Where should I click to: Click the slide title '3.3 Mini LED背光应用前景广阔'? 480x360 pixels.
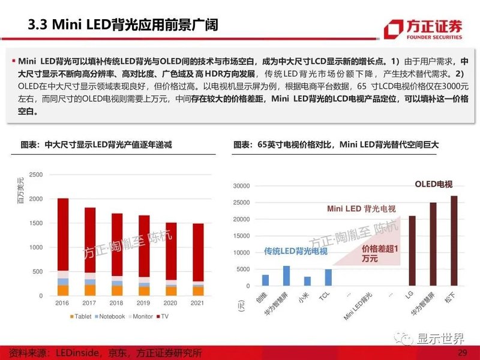tap(123, 25)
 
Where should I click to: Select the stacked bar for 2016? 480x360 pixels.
tap(63, 246)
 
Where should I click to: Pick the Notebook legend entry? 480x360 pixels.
tap(110, 316)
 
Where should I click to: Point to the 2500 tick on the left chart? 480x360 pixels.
tap(35, 175)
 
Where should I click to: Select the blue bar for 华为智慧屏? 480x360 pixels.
tap(286, 275)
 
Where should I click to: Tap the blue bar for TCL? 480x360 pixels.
tap(328, 277)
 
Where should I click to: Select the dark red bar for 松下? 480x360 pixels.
tap(454, 241)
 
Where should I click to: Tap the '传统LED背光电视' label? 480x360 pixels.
tap(296, 251)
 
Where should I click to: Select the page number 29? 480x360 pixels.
tap(462, 352)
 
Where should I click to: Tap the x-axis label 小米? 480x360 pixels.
tap(307, 298)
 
